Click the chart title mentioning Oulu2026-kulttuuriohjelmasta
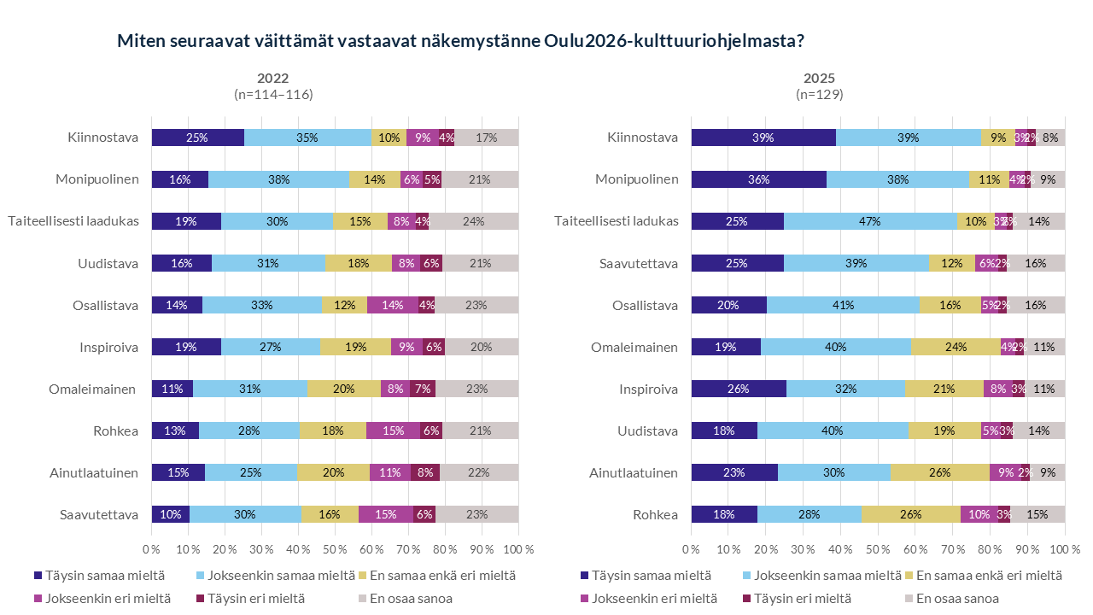coord(460,41)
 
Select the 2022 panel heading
coord(273,78)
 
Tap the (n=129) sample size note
coord(819,95)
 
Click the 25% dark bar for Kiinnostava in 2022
coord(197,138)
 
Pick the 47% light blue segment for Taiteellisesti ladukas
coord(870,221)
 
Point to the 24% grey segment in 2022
coord(473,221)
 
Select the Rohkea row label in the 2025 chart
coord(654,514)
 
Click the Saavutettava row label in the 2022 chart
coord(99,514)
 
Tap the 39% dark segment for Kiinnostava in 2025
coord(763,138)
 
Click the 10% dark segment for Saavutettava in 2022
coord(170,514)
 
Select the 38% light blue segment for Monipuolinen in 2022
coord(278,179)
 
